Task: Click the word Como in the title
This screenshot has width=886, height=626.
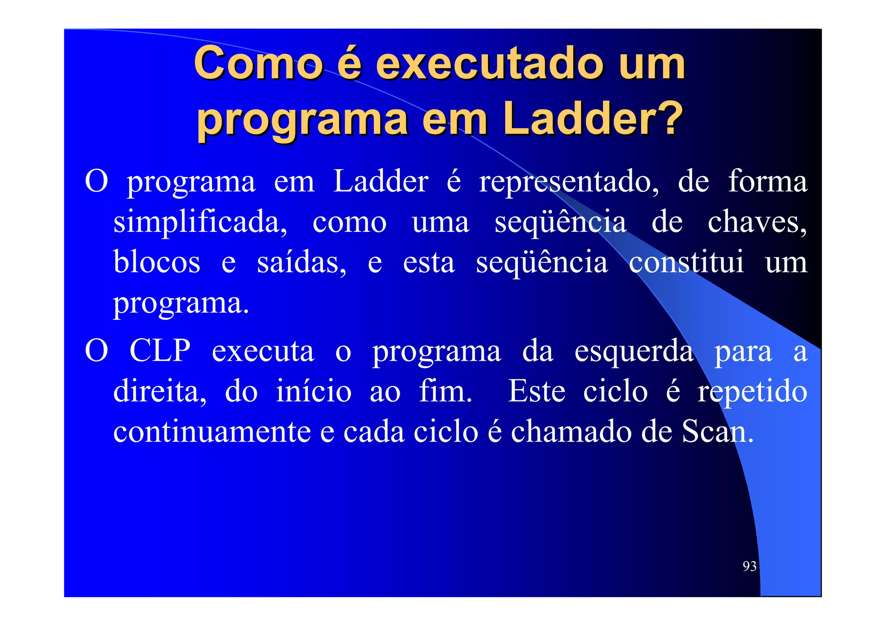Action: click(258, 64)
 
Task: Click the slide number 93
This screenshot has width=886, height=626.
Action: click(749, 566)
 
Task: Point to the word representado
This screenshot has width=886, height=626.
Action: click(568, 182)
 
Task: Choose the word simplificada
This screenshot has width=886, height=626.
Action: click(200, 223)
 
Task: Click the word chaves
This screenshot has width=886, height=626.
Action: click(757, 222)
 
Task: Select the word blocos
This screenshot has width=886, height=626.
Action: click(157, 262)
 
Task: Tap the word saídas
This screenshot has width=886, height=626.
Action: click(302, 262)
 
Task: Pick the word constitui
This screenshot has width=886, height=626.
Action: click(686, 262)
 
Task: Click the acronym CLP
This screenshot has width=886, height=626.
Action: click(160, 350)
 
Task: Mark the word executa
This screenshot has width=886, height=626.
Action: click(263, 351)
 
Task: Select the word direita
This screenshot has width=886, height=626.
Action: click(160, 391)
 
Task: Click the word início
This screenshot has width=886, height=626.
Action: click(314, 391)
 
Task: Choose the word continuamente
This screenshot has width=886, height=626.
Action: click(212, 432)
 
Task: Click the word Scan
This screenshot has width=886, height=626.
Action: click(717, 432)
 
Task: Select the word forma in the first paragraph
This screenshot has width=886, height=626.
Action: click(767, 181)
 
